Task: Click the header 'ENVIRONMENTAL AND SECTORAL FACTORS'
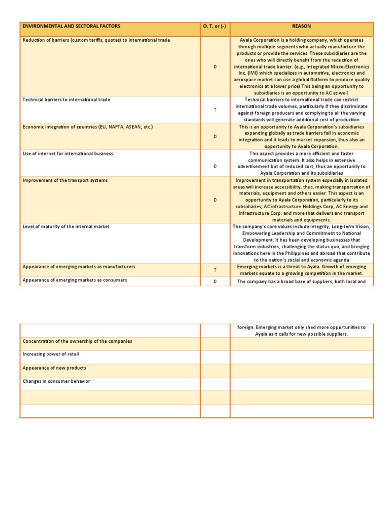[x=72, y=26]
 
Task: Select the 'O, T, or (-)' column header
[x=215, y=26]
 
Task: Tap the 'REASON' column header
[x=302, y=26]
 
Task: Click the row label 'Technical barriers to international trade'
[x=67, y=100]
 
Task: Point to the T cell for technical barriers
[x=215, y=110]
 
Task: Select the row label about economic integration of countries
[x=88, y=126]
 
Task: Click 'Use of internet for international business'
[x=68, y=153]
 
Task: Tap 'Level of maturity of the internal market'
[x=66, y=226]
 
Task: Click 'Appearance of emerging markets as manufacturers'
[x=79, y=267]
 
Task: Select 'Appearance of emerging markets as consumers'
[x=75, y=280]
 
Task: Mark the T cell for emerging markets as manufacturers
[x=215, y=271]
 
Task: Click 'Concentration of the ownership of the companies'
[x=77, y=341]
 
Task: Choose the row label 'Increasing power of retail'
[x=51, y=354]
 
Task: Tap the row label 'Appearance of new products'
[x=54, y=368]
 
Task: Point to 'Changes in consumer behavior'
[x=56, y=381]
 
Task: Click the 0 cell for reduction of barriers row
[x=215, y=67]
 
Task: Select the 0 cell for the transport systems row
[x=215, y=200]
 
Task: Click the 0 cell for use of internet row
[x=215, y=166]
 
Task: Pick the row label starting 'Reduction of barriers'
[x=96, y=40]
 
